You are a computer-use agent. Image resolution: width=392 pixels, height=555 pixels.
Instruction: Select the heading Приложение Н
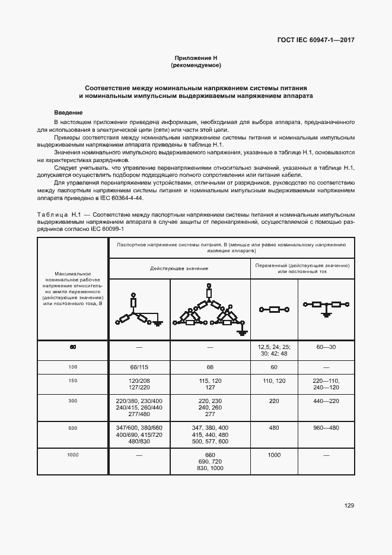tap(196, 58)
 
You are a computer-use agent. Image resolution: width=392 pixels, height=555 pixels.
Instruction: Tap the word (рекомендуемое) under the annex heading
tap(196, 65)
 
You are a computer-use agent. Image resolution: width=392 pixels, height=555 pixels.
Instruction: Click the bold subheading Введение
tap(68, 113)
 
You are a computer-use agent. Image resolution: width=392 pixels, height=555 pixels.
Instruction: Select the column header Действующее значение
tap(179, 268)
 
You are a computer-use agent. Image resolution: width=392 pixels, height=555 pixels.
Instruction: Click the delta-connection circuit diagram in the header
tap(210, 309)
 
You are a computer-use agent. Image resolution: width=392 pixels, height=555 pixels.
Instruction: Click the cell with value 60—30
tap(326, 346)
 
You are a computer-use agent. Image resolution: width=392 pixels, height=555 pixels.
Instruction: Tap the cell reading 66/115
tap(139, 367)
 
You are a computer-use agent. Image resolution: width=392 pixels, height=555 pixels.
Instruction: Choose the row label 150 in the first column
tap(73, 380)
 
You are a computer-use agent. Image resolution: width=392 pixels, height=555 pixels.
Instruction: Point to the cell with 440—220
tap(326, 401)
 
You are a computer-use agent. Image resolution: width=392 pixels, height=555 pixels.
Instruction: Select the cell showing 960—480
tap(326, 427)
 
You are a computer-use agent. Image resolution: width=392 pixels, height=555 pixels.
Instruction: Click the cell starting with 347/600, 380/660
tap(139, 435)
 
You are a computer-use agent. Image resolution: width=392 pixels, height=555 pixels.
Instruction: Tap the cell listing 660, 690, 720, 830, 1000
tap(210, 461)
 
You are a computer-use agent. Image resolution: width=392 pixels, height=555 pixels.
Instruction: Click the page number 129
tap(349, 506)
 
